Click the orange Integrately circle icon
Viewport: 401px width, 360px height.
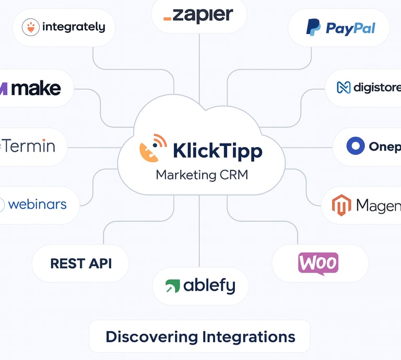click(31, 27)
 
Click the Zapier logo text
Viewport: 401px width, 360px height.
click(199, 15)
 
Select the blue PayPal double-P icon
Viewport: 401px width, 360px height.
click(313, 27)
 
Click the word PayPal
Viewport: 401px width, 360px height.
click(350, 28)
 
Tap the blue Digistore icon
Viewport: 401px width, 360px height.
click(343, 88)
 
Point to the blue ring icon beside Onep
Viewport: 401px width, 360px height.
click(355, 146)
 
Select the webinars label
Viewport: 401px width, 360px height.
click(37, 204)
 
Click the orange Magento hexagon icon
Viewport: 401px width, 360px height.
click(341, 205)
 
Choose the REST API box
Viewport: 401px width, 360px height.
click(81, 263)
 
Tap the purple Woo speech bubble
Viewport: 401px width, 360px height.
click(318, 263)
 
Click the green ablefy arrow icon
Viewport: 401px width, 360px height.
click(172, 286)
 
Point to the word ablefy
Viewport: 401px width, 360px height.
click(209, 286)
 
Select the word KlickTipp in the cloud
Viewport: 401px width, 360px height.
click(217, 151)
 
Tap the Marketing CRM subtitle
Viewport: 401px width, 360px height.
click(202, 175)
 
